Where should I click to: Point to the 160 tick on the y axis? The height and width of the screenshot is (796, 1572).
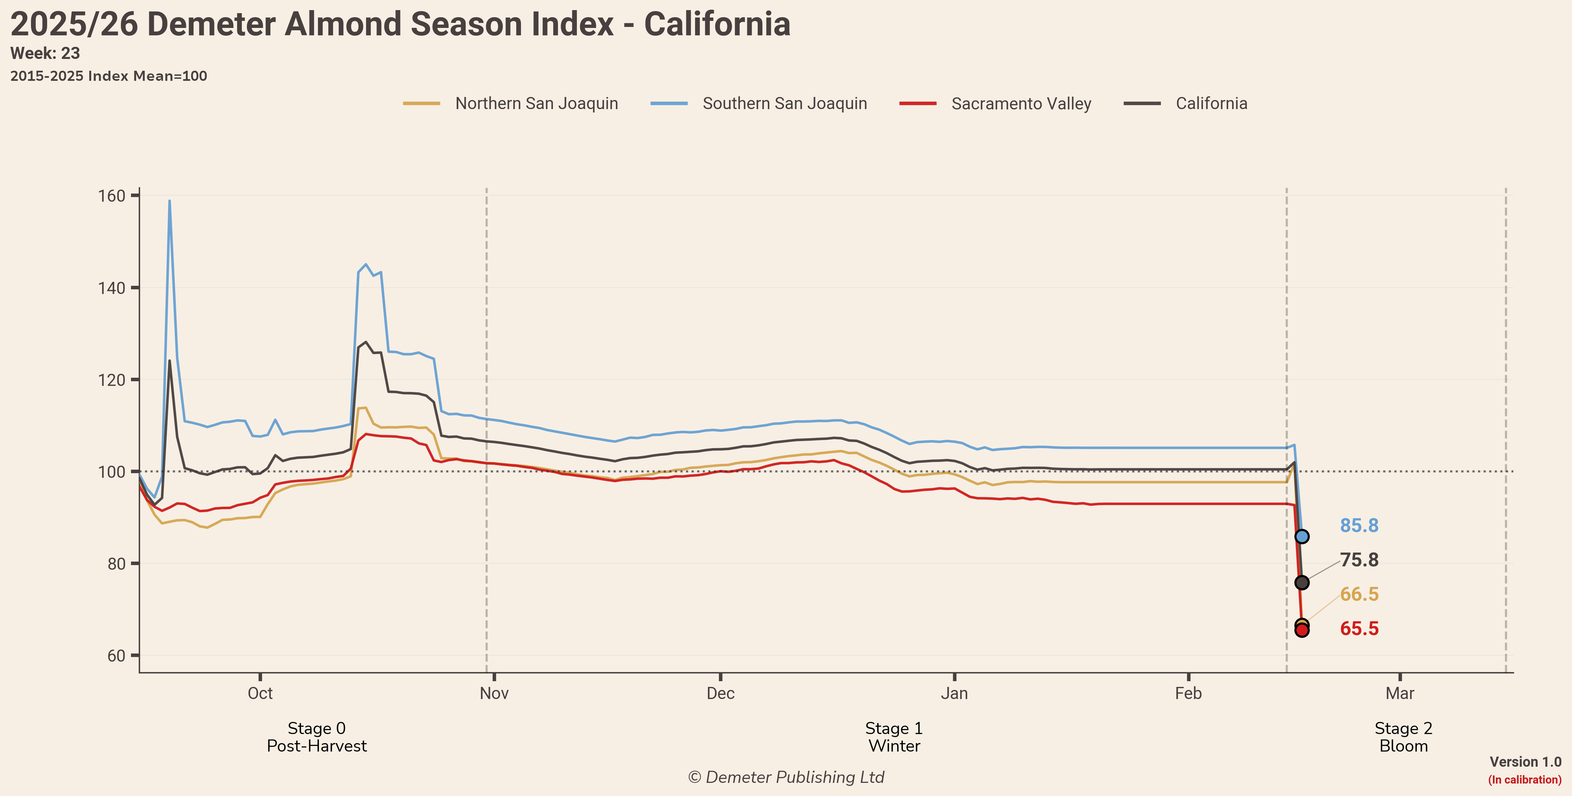(x=112, y=196)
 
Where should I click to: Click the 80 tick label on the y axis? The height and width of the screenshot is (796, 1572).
(x=116, y=564)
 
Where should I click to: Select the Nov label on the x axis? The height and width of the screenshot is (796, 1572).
(x=494, y=694)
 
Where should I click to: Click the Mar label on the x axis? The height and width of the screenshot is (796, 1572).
(x=1399, y=694)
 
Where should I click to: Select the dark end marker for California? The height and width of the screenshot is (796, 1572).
(x=1302, y=583)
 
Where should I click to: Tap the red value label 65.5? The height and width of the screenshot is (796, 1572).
(x=1359, y=629)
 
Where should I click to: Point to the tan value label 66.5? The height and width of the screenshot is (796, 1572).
(x=1359, y=594)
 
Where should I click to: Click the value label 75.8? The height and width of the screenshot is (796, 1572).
(x=1359, y=560)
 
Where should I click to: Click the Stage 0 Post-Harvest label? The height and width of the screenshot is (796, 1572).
(x=317, y=737)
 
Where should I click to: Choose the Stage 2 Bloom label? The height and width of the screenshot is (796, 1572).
(x=1403, y=737)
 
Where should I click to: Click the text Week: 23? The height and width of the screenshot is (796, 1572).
(x=45, y=54)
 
